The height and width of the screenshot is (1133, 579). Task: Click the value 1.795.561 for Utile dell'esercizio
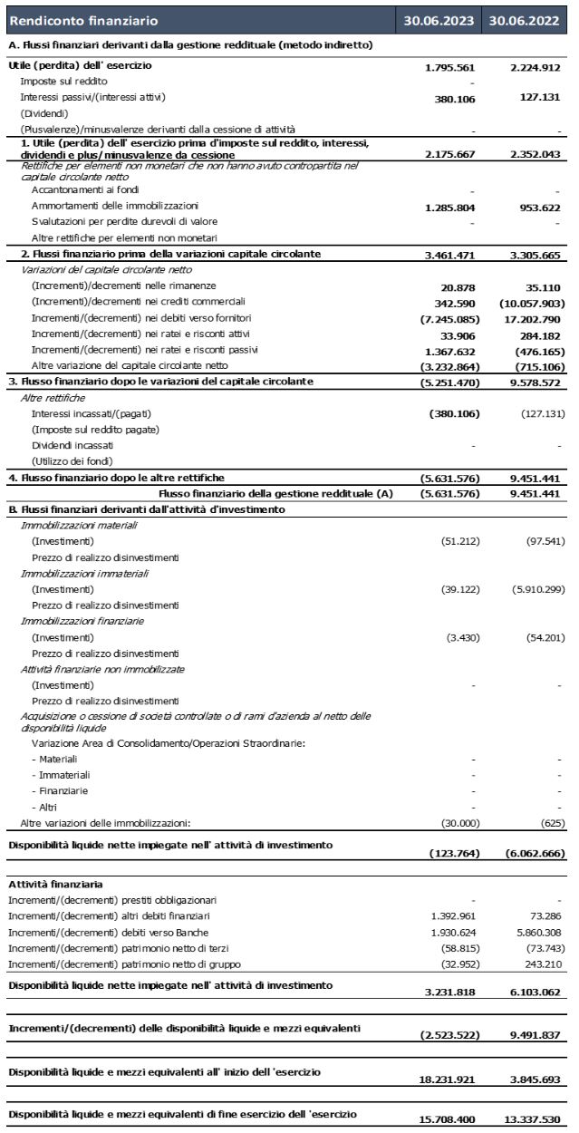point(450,67)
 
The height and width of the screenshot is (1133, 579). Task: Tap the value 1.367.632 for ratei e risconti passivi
point(450,351)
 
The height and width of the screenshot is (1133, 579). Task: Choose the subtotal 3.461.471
point(450,256)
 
